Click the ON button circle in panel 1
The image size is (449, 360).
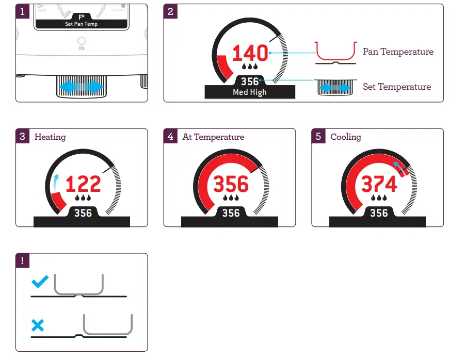click(x=82, y=41)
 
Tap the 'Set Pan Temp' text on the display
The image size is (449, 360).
click(x=82, y=24)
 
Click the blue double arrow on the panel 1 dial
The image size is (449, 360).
click(x=81, y=87)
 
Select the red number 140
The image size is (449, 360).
click(x=250, y=54)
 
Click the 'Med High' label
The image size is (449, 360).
click(x=250, y=92)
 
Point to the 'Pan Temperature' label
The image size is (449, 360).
click(x=398, y=52)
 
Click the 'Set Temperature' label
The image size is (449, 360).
click(x=396, y=87)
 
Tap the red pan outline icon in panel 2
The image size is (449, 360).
click(x=335, y=52)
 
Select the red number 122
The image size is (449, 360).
click(x=83, y=184)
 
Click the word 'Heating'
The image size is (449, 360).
click(x=50, y=137)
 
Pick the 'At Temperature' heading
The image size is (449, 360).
click(x=213, y=137)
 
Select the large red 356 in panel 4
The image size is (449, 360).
click(x=231, y=184)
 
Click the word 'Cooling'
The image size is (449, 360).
click(x=346, y=137)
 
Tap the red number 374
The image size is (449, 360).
click(x=379, y=184)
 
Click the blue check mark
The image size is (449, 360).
click(x=40, y=282)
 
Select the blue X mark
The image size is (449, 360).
click(x=38, y=325)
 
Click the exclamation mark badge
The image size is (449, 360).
click(x=22, y=260)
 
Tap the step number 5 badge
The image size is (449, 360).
click(x=318, y=137)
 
